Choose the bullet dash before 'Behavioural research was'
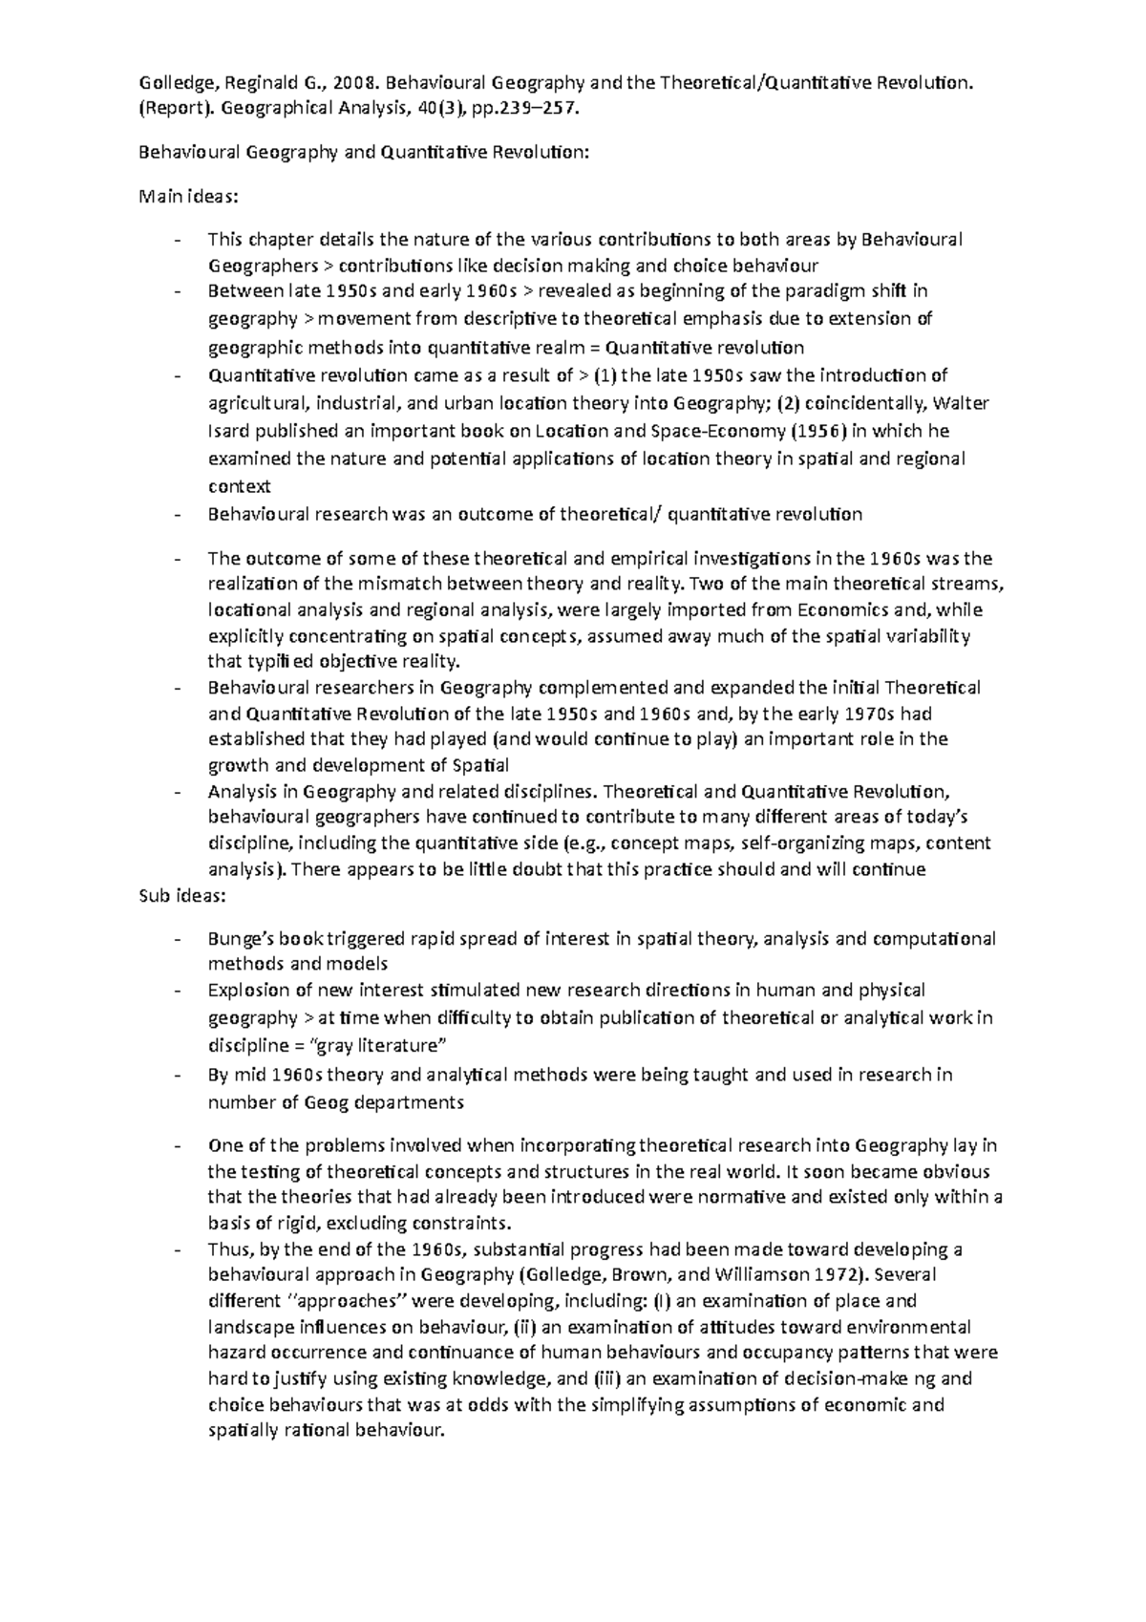point(178,515)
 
